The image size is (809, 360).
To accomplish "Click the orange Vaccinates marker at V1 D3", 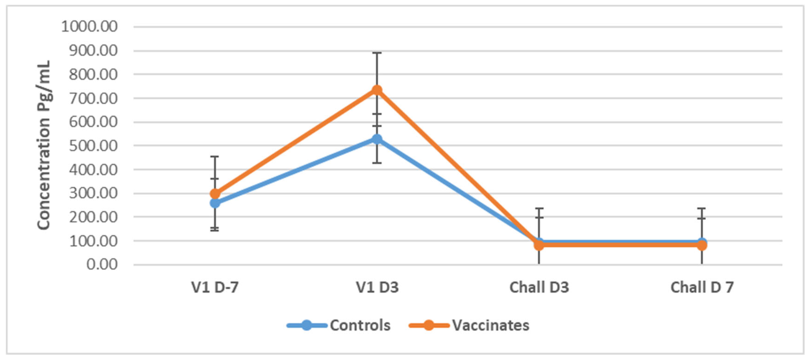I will click(x=377, y=90).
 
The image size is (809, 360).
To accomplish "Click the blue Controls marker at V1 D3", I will click(x=377, y=139).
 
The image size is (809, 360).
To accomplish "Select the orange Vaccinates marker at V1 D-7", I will click(x=215, y=193).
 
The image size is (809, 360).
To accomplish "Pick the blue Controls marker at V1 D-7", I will click(x=215, y=203).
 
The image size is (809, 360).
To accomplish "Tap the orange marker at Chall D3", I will click(x=539, y=245).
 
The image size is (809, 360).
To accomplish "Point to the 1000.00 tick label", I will click(x=90, y=27).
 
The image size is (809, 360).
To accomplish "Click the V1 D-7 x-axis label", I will click(x=215, y=287).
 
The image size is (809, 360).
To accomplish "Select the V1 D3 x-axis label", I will click(x=377, y=287).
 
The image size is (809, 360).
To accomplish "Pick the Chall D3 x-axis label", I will click(x=539, y=287).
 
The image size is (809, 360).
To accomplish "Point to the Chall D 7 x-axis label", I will click(x=702, y=287).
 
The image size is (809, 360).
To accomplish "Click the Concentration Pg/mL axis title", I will click(x=44, y=145).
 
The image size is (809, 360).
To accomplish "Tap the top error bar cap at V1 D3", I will click(x=377, y=53).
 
